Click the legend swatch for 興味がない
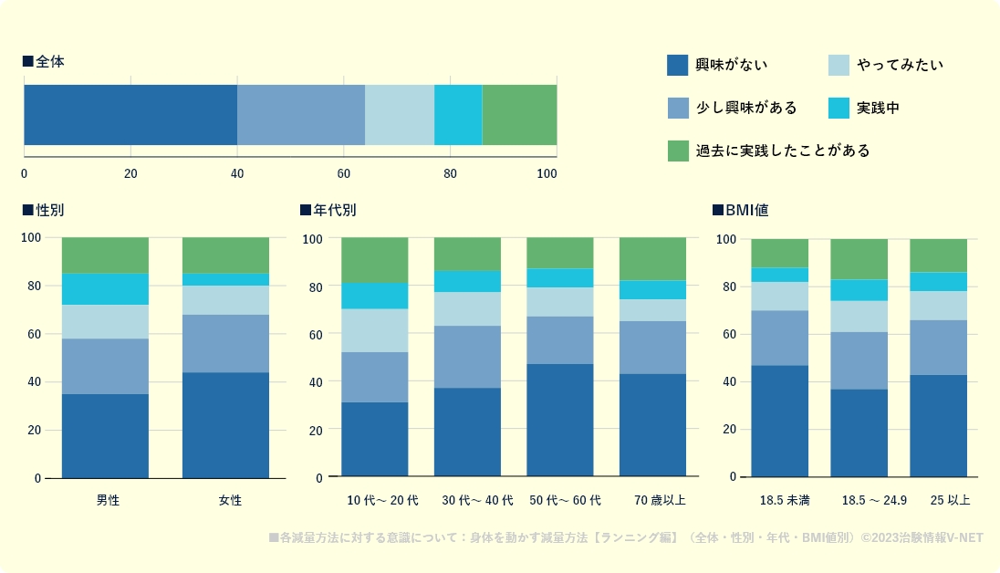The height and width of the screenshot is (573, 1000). click(677, 65)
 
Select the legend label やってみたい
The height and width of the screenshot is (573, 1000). click(900, 65)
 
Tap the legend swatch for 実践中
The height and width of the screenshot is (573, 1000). click(839, 108)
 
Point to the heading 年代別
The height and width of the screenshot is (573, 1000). click(334, 210)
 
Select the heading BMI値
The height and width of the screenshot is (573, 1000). click(746, 210)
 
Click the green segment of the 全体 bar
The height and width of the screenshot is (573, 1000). click(519, 115)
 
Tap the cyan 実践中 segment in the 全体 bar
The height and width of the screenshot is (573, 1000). click(458, 115)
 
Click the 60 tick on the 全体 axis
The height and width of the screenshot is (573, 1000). click(344, 173)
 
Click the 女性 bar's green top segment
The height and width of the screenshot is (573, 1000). click(225, 255)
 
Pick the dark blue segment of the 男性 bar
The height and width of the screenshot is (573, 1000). click(105, 435)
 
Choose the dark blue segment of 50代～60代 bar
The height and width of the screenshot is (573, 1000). click(560, 420)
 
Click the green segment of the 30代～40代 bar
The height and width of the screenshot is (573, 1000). click(467, 254)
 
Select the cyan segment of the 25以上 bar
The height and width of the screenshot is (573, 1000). click(938, 281)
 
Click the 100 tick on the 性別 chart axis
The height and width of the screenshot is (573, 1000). click(31, 237)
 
